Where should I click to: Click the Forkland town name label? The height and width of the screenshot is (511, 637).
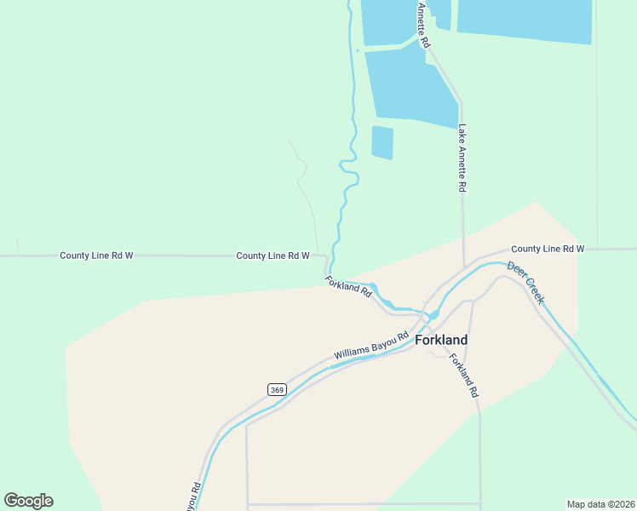point(441,340)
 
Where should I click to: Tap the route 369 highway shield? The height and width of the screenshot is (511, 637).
point(277,389)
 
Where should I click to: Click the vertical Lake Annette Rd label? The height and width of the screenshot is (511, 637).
point(462,158)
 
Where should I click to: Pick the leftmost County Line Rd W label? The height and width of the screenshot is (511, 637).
point(96,255)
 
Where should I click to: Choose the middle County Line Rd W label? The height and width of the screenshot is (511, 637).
point(273,255)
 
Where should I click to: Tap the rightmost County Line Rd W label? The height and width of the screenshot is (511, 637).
point(548,249)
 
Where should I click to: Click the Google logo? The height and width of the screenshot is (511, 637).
point(28,501)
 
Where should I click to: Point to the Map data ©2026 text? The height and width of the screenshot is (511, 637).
point(600,504)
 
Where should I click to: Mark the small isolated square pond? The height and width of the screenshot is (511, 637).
point(382,142)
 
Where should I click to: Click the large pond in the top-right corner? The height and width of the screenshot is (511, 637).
point(525,20)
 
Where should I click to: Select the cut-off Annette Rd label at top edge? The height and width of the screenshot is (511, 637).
point(423,23)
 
